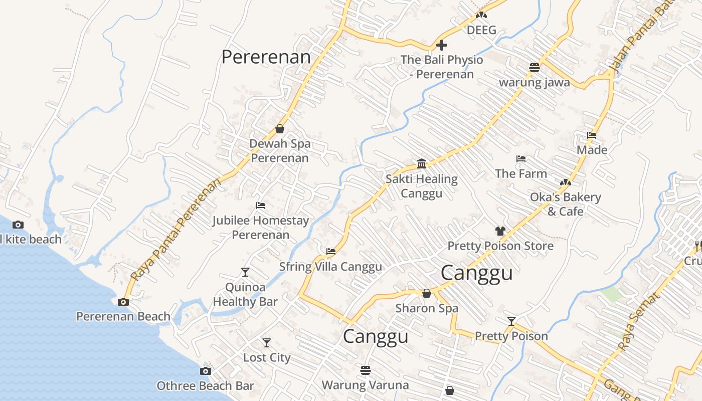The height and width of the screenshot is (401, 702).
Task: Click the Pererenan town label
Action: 266,57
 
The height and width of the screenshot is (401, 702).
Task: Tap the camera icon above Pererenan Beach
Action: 123,302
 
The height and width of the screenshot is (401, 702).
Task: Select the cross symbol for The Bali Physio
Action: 441,46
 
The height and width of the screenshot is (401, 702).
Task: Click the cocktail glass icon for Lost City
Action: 267,343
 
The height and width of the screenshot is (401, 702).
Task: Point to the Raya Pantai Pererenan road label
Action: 175,230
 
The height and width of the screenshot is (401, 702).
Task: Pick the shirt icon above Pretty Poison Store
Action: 500,231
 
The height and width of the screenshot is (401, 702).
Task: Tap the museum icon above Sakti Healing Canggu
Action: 422,164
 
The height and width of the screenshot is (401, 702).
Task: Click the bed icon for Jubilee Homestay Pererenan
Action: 260,206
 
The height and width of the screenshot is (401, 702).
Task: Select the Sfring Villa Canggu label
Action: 330,267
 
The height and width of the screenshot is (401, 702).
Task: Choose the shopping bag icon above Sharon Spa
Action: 427,293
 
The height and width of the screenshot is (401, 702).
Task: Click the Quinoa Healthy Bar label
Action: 245,295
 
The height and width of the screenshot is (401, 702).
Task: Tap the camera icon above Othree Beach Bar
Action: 205,371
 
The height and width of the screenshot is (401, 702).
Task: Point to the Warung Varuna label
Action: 365,385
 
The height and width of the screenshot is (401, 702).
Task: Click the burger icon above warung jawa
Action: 534,68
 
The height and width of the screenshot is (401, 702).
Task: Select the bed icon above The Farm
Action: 521,159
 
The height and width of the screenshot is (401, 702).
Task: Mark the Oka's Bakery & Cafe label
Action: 565,204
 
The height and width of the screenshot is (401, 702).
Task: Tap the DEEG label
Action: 481,30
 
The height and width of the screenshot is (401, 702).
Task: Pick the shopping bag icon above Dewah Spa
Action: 280,129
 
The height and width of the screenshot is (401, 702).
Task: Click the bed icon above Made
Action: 592,135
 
